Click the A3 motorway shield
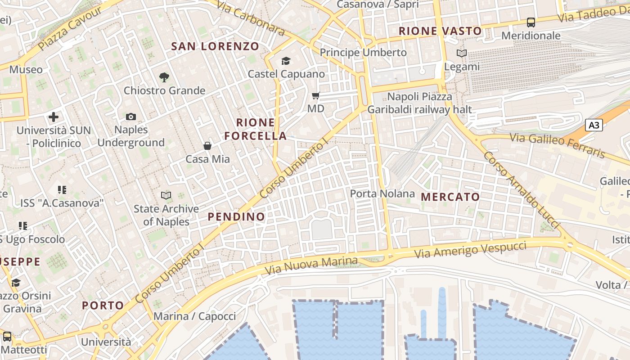click(x=594, y=125)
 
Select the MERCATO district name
click(x=450, y=197)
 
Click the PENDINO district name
click(x=236, y=216)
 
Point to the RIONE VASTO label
click(x=440, y=31)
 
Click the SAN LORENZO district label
click(x=215, y=46)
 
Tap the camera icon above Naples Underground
click(x=131, y=117)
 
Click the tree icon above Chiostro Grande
click(x=164, y=77)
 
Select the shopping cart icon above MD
click(x=316, y=95)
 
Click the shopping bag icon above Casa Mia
click(x=207, y=146)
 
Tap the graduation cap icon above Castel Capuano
click(x=286, y=61)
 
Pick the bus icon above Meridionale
click(x=531, y=22)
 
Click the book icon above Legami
click(x=462, y=54)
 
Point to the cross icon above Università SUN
click(x=54, y=117)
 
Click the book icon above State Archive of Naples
click(x=166, y=195)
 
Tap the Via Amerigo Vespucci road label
click(x=470, y=250)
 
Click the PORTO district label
click(x=103, y=306)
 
